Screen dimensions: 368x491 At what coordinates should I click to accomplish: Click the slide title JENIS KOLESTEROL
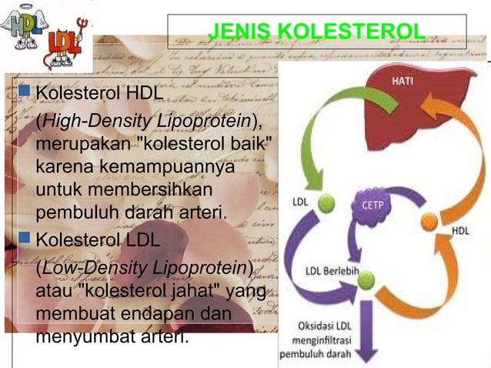point(316,32)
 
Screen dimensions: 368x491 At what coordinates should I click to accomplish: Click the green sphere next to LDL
point(327,203)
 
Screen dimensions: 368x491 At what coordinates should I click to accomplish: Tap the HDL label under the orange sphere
point(460,230)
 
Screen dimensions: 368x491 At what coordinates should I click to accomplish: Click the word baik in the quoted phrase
point(245,146)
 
